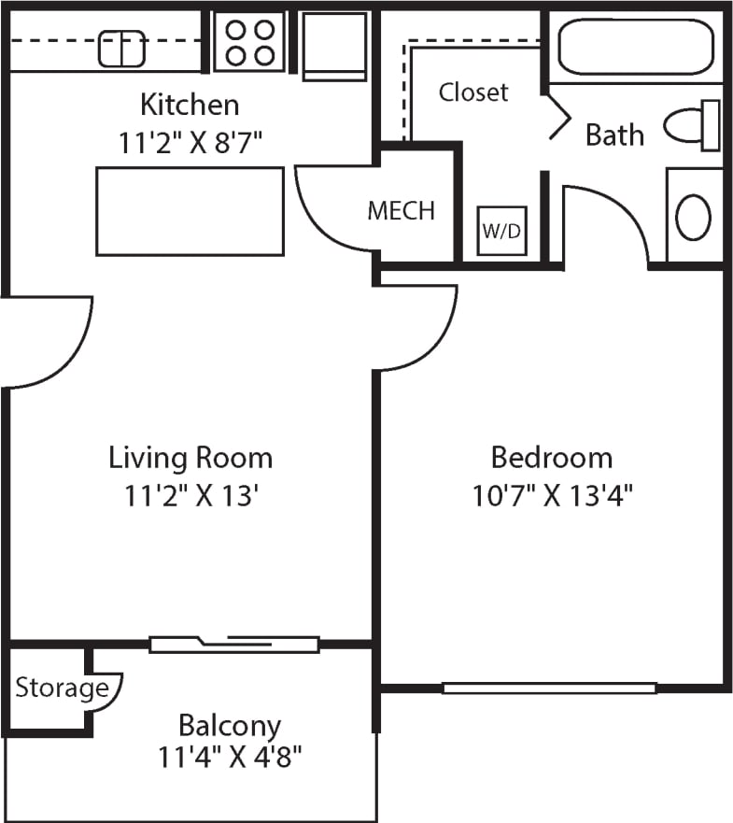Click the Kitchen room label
pos(190,104)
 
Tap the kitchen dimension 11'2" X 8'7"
pos(190,142)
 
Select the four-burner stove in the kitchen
pos(249,42)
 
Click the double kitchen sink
pos(122,49)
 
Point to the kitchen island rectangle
pos(190,211)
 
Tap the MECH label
pos(401,211)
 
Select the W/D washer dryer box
pos(502,231)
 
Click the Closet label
pos(473,92)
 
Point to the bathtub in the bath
pos(635,47)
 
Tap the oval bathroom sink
pos(693,217)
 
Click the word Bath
pos(614,135)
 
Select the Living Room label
pos(190,458)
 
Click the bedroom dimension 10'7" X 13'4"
pos(553,494)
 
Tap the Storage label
pos(62,689)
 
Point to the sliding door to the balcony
pos(234,644)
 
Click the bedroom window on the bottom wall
pos(549,688)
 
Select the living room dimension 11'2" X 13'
pos(190,495)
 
